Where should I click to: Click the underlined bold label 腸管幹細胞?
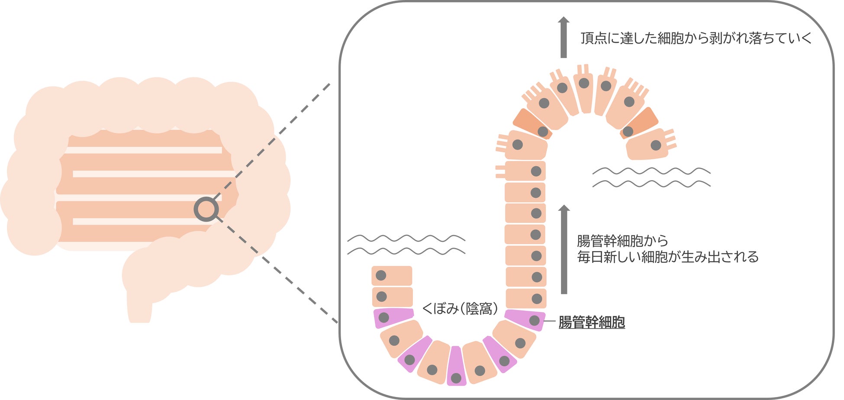tap(592, 323)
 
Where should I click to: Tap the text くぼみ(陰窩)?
tap(460, 309)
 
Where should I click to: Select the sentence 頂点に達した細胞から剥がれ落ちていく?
tap(696, 38)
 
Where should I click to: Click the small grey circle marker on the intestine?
tap(206, 209)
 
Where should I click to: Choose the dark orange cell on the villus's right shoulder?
tap(640, 123)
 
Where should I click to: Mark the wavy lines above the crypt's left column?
tap(406, 245)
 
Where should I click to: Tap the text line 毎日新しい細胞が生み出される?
tap(668, 257)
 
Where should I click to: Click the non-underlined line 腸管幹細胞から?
tap(622, 241)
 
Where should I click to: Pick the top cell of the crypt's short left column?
tap(392, 276)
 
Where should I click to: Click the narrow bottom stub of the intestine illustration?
tap(139, 307)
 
